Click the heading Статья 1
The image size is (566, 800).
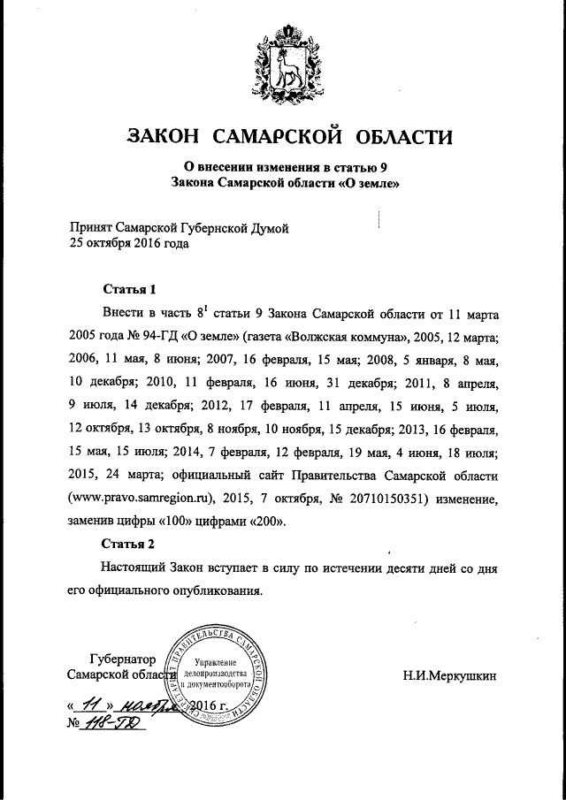tap(129, 289)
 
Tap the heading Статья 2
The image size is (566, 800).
tap(129, 543)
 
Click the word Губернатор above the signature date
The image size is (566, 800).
tap(123, 659)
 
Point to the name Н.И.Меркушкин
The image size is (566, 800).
tap(449, 677)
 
